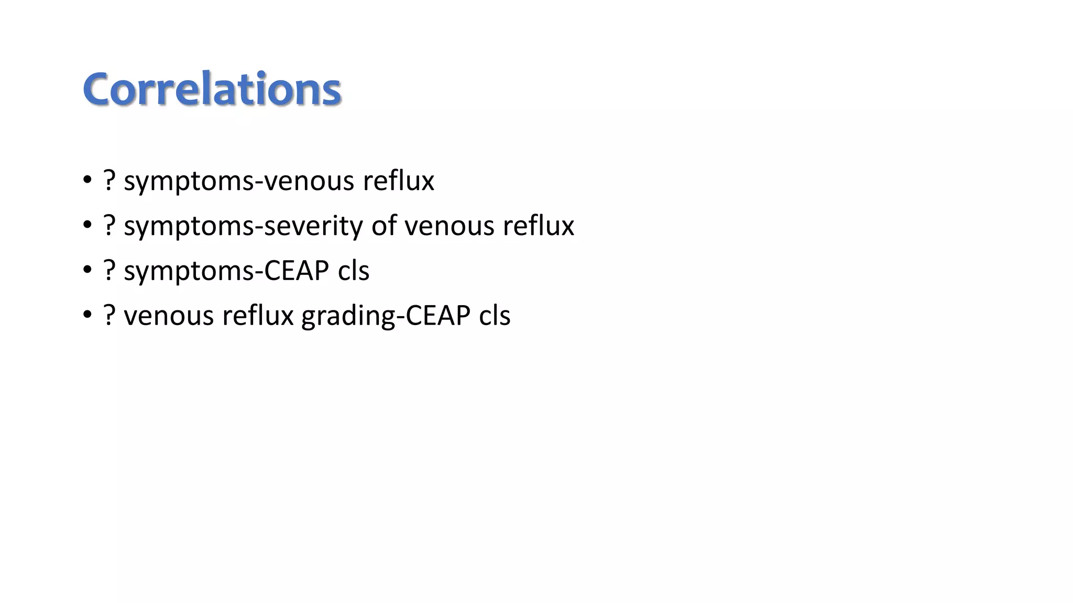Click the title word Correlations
tap(212, 89)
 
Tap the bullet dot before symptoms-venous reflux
tap(87, 181)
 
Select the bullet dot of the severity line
tap(87, 226)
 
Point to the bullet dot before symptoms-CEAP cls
tap(87, 271)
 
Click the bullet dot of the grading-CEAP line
tap(87, 316)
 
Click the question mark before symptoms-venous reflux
tap(109, 181)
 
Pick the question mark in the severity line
tap(109, 226)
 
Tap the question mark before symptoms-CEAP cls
tap(109, 271)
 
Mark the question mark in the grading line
tap(109, 316)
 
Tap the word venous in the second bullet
tap(449, 227)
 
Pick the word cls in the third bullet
tap(354, 271)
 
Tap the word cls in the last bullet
tap(495, 316)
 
